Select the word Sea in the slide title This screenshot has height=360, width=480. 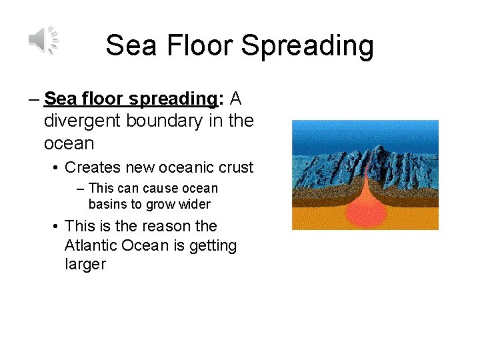coord(128,46)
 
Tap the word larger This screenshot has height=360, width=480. coord(85,264)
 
